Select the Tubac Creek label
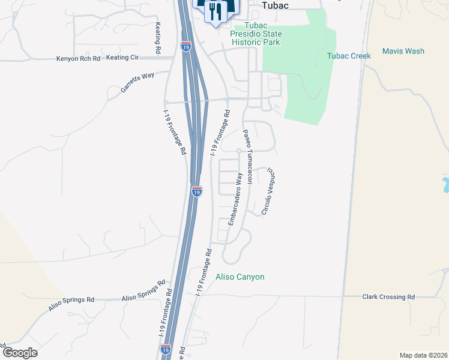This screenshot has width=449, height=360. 349,56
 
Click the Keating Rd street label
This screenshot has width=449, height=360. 158,39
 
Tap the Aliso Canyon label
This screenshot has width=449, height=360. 240,277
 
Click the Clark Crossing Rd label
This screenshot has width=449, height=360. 388,297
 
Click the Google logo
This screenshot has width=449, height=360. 20,353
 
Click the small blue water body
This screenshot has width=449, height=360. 445,185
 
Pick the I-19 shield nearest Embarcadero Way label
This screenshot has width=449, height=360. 197,191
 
